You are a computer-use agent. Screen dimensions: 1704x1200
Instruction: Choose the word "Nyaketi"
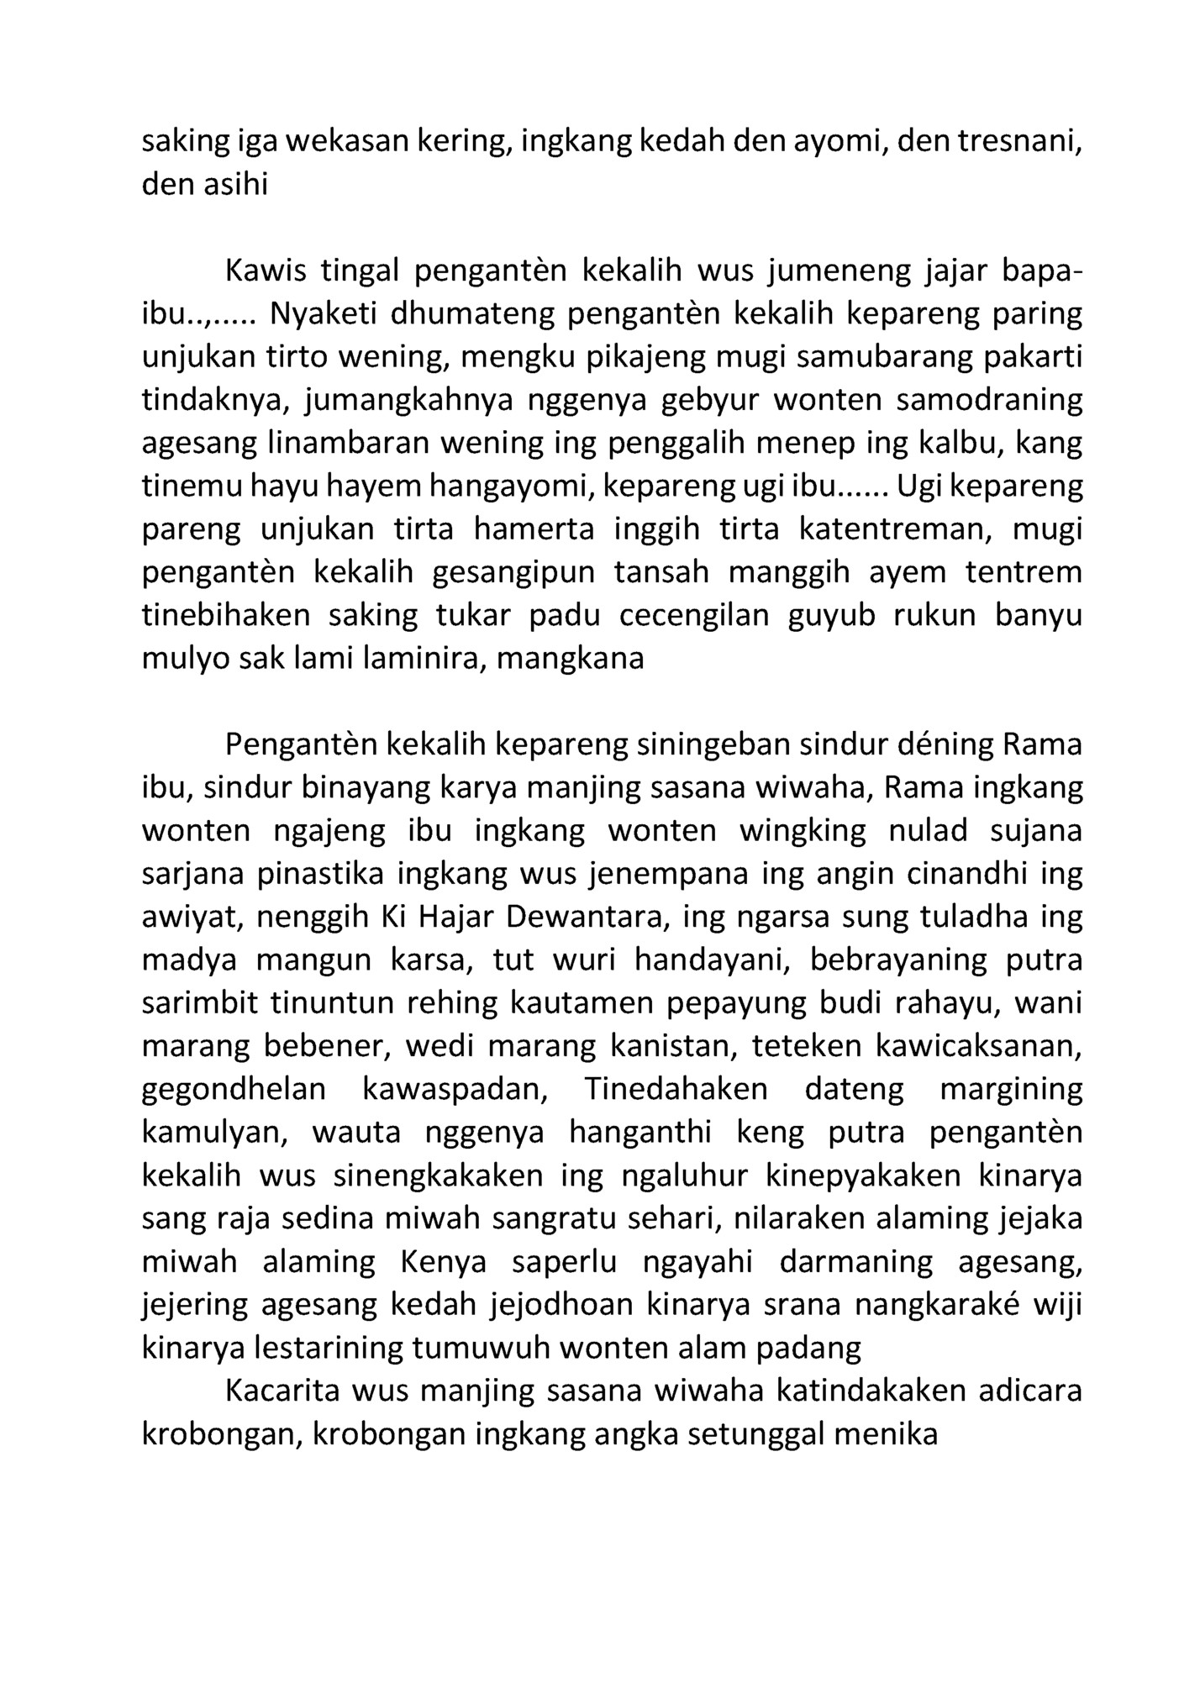click(323, 313)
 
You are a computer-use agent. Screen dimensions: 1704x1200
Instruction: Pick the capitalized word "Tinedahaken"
click(675, 1089)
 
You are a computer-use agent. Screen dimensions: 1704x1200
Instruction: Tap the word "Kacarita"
click(282, 1391)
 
